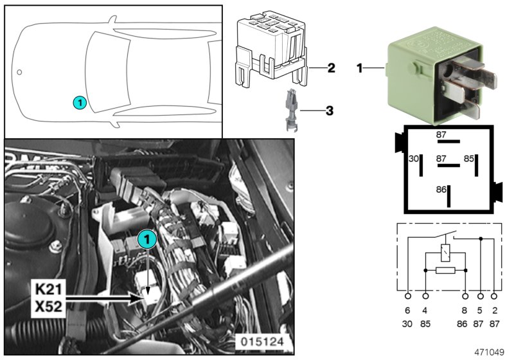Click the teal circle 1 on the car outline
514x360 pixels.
pyautogui.click(x=78, y=102)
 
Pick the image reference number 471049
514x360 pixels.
pyautogui.click(x=489, y=352)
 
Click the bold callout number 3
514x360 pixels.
pyautogui.click(x=329, y=111)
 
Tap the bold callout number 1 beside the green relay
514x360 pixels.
pyautogui.click(x=360, y=67)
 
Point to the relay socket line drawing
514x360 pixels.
pyautogui.click(x=270, y=48)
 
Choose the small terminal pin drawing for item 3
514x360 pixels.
pyautogui.click(x=289, y=111)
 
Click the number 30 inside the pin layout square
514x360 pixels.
pyautogui.click(x=414, y=158)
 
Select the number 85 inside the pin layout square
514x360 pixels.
pyautogui.click(x=469, y=158)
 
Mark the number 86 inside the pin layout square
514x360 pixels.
pyautogui.click(x=441, y=190)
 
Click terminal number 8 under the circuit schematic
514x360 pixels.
pyautogui.click(x=465, y=312)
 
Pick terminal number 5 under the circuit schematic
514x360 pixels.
pyautogui.click(x=481, y=312)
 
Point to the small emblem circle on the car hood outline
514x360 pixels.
pyautogui.click(x=19, y=71)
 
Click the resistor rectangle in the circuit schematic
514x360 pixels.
pyautogui.click(x=445, y=271)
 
